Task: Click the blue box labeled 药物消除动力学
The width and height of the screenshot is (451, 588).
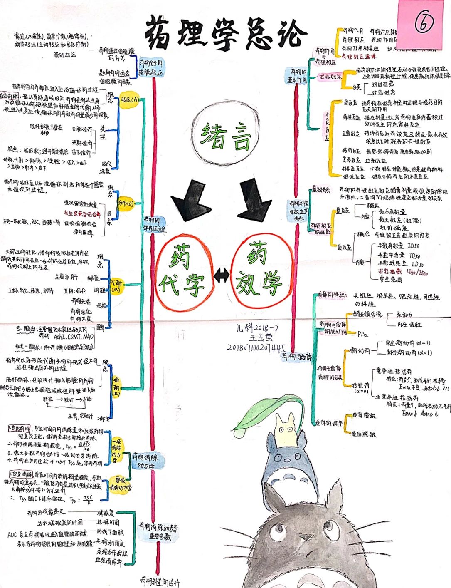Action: [148, 461]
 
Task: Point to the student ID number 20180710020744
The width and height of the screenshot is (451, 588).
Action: [256, 347]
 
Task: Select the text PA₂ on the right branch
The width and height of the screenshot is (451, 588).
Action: [362, 333]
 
